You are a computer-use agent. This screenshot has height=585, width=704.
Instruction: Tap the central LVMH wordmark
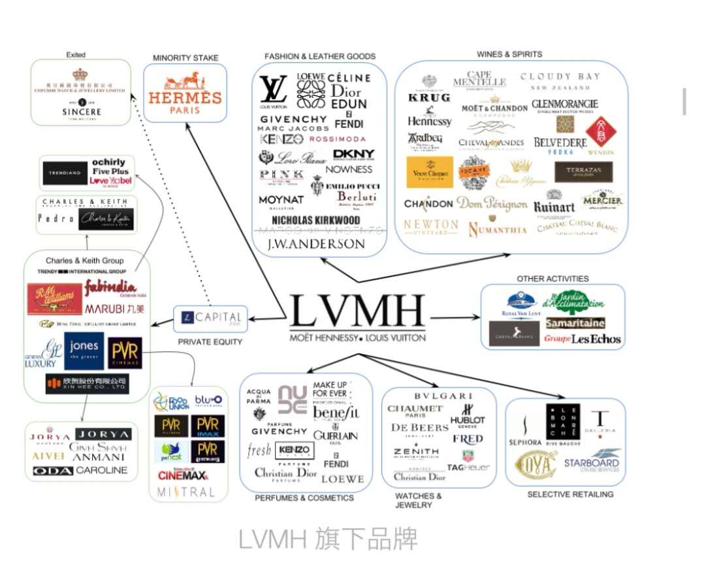[357, 312]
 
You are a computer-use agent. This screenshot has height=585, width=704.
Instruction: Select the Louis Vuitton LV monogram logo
[273, 90]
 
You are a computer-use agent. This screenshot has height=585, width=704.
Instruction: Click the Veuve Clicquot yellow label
[429, 172]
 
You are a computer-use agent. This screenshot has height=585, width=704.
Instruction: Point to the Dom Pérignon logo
[491, 204]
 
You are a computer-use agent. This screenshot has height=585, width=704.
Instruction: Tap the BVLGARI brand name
[443, 396]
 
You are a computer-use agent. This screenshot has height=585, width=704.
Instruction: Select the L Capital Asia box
[210, 318]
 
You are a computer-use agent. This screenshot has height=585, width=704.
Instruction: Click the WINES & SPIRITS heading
[509, 54]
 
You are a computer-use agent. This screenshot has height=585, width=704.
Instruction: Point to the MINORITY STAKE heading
[185, 58]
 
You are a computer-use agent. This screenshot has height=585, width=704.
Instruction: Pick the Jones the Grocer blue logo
[84, 351]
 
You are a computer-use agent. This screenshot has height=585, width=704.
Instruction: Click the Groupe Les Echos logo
[582, 339]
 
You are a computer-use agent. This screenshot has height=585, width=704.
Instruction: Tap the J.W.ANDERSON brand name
[317, 244]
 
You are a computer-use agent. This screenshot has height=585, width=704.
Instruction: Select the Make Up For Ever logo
[330, 390]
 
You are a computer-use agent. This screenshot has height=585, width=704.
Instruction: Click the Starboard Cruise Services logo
[592, 461]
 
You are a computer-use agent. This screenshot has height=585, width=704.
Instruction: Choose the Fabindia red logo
[110, 287]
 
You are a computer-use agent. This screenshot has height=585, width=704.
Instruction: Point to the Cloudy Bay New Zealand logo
[560, 81]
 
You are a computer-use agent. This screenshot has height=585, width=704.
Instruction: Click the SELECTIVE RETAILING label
[570, 494]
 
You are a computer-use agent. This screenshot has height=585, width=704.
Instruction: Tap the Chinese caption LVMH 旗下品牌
[327, 539]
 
